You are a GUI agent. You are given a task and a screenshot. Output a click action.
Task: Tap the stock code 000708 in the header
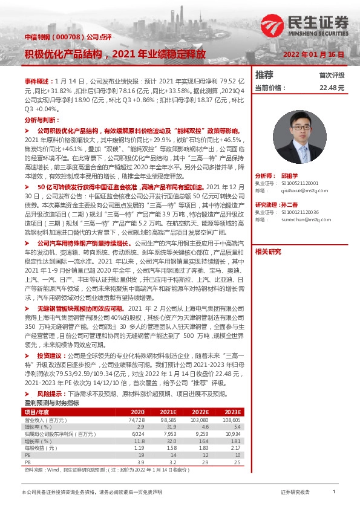(x=60, y=38)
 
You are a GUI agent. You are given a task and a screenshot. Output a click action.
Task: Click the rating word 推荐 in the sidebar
(x=264, y=76)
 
